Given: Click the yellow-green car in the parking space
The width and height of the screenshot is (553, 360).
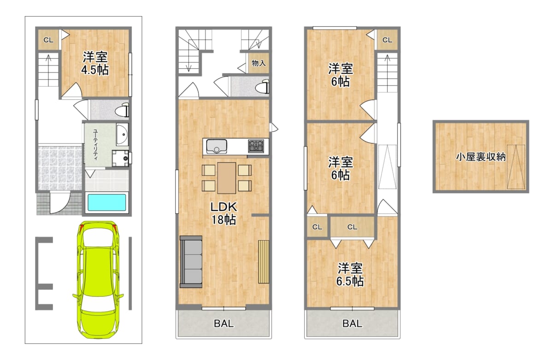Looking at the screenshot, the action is tap(98, 279).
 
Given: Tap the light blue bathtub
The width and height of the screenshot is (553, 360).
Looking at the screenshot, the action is tap(106, 202).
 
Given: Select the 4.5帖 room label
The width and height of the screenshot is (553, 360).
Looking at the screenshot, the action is tap(95, 64).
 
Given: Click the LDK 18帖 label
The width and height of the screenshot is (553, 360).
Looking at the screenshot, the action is tap(224, 213).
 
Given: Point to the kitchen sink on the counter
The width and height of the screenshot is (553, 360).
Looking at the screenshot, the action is tap(217, 146).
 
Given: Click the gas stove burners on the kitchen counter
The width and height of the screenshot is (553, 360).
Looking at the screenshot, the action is tap(256, 146).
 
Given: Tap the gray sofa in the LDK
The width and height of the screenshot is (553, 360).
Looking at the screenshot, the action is tap(191, 262).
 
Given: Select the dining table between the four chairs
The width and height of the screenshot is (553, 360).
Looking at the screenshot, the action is tap(227, 178).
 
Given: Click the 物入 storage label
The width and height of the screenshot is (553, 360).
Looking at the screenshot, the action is tap(259, 63).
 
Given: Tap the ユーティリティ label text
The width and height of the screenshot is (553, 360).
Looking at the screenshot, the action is tap(95, 145).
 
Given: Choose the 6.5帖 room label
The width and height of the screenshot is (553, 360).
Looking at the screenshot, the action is tap(350, 275).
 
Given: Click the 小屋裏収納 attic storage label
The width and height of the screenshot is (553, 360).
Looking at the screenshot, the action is tap(481, 157).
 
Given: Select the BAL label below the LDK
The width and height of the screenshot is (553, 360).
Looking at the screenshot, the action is tap(224, 324).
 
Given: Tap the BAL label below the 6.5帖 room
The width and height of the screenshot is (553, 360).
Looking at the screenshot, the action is tap(352, 324).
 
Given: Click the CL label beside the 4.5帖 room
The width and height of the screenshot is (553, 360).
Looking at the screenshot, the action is tap(48, 40).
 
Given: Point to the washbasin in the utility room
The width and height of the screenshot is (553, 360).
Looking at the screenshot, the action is tap(122, 135).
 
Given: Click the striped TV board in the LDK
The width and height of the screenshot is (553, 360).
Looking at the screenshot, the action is tap(264, 261).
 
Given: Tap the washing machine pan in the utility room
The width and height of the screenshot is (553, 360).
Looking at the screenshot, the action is tap(120, 158).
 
